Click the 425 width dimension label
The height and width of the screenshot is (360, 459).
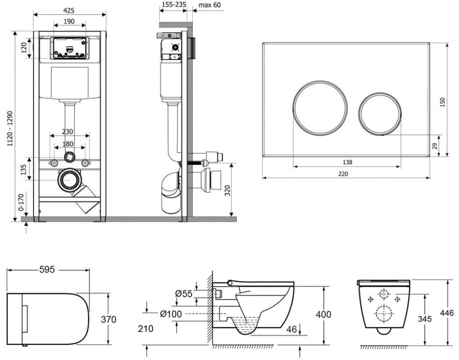click(x=69, y=10)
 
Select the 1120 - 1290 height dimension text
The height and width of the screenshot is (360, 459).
click(x=10, y=129)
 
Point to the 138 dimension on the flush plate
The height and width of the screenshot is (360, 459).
click(x=347, y=162)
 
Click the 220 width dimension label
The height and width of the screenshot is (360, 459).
click(x=343, y=174)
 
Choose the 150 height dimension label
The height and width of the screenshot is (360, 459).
click(x=442, y=102)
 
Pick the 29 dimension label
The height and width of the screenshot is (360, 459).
click(x=435, y=146)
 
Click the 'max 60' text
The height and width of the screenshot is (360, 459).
click(x=209, y=5)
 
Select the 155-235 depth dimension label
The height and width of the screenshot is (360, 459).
click(x=174, y=4)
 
